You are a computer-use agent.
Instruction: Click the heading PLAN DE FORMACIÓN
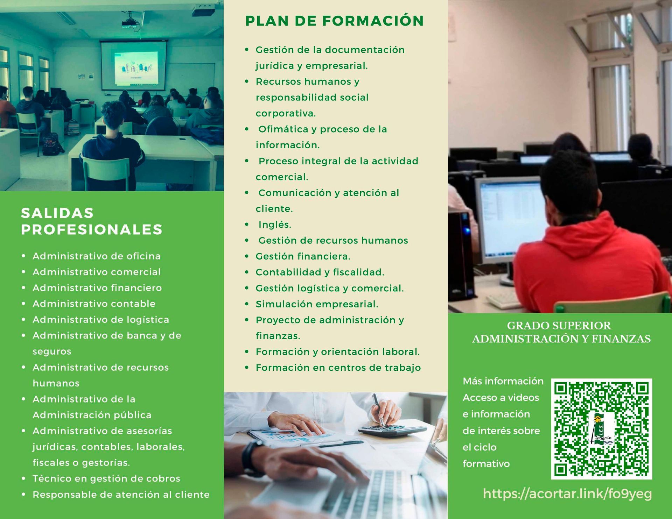tap(334, 21)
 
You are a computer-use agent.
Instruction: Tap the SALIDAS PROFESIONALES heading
tap(92, 221)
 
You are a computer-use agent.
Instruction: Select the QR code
tap(601, 429)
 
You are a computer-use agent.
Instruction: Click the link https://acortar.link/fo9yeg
tap(567, 493)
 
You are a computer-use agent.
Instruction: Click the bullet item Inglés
tap(275, 225)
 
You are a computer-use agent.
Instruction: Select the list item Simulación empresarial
tap(317, 304)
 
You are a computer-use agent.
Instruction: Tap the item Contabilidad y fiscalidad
tap(320, 272)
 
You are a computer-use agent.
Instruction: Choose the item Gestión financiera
tap(303, 256)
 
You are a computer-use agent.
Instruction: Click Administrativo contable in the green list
tap(94, 304)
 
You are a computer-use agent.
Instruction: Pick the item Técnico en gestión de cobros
tap(106, 478)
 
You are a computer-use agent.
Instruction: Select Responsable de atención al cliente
tap(121, 495)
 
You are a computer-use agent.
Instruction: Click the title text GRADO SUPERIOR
tap(559, 326)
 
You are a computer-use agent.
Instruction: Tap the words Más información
tap(503, 381)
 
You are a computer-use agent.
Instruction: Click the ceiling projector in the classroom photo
tap(132, 23)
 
